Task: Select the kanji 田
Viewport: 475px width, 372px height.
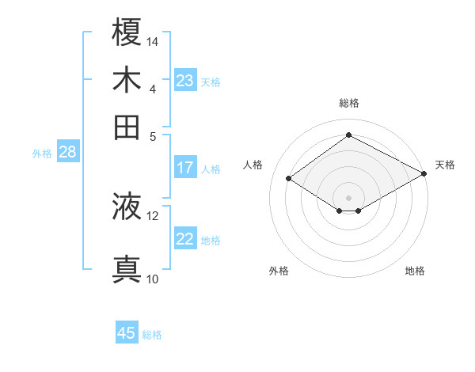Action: coord(127,127)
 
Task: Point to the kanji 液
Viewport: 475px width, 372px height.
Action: coord(127,207)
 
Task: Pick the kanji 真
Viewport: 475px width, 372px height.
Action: coord(127,269)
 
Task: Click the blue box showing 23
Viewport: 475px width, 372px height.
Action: coord(185,81)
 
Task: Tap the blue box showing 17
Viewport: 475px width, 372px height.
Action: coord(185,168)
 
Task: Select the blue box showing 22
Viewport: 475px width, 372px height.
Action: coord(185,240)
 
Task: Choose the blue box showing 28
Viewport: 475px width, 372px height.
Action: coord(67,153)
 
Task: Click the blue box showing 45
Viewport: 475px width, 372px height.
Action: coord(127,333)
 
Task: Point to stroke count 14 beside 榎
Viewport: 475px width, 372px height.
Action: coord(153,41)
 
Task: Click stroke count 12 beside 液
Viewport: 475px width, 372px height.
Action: coord(153,215)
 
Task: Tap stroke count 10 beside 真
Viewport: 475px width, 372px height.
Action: coord(153,279)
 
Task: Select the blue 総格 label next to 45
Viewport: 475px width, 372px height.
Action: coord(152,335)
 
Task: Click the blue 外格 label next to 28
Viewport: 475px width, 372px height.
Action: coord(42,154)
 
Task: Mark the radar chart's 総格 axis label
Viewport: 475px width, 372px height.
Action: coord(348,103)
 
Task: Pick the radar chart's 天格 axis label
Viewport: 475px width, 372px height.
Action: coord(445,165)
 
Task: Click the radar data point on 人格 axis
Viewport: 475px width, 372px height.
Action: coord(289,179)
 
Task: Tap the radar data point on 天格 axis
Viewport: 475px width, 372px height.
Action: coord(424,175)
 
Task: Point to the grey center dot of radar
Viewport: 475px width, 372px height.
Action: coord(348,197)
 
